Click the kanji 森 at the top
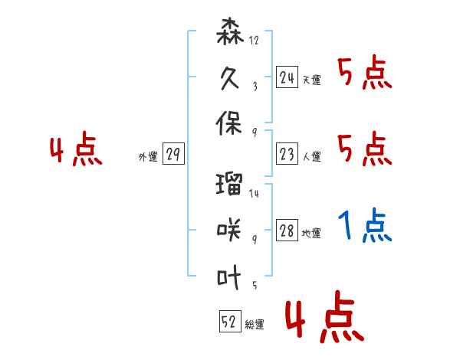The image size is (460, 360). click(x=230, y=31)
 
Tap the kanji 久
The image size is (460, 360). click(x=230, y=78)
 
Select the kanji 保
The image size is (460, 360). click(x=229, y=123)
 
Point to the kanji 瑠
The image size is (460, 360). click(x=229, y=184)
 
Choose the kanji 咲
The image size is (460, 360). click(x=229, y=230)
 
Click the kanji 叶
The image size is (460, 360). click(x=229, y=277)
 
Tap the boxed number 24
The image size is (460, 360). click(x=287, y=77)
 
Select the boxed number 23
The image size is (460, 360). click(x=287, y=154)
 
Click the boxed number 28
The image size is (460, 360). click(x=287, y=230)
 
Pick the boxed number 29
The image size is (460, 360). click(x=173, y=154)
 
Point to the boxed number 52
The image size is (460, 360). click(x=230, y=321)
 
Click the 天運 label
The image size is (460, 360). click(x=312, y=80)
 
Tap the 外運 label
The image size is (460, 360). click(x=148, y=156)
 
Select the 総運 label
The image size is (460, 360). click(x=255, y=324)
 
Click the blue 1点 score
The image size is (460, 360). click(x=365, y=225)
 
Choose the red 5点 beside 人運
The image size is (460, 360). click(x=365, y=149)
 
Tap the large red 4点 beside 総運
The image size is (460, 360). click(x=325, y=316)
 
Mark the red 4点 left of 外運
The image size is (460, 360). click(x=76, y=149)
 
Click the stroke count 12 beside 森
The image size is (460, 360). click(x=254, y=40)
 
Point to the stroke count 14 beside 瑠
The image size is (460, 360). click(x=254, y=193)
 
